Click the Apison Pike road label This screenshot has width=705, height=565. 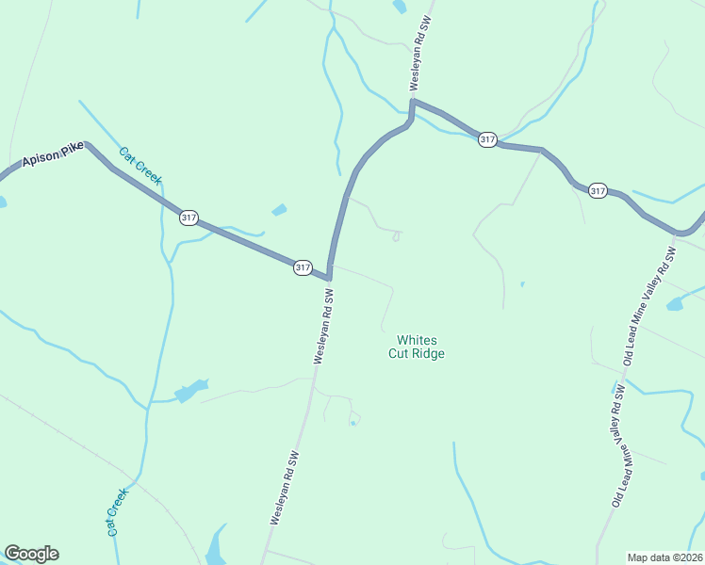(54, 155)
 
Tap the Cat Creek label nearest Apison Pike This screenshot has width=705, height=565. (141, 166)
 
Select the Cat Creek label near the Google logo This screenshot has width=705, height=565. (117, 511)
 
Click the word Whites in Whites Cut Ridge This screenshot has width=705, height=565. (417, 340)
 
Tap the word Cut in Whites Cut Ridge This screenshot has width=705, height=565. (399, 354)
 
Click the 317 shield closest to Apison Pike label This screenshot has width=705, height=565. (189, 218)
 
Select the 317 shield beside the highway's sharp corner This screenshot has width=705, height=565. (302, 267)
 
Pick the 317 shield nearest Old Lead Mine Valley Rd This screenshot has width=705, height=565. (598, 191)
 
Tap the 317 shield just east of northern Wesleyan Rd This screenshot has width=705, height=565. (486, 139)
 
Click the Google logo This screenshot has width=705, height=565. (31, 554)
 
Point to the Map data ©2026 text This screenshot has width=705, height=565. (664, 557)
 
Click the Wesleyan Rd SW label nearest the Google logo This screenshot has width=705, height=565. (285, 487)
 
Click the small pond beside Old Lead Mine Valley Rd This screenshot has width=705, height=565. (674, 304)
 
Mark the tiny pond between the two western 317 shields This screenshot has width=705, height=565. (279, 210)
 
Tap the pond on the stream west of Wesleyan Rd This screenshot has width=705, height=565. (190, 390)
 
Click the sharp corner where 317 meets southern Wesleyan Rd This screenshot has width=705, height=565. (328, 279)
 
